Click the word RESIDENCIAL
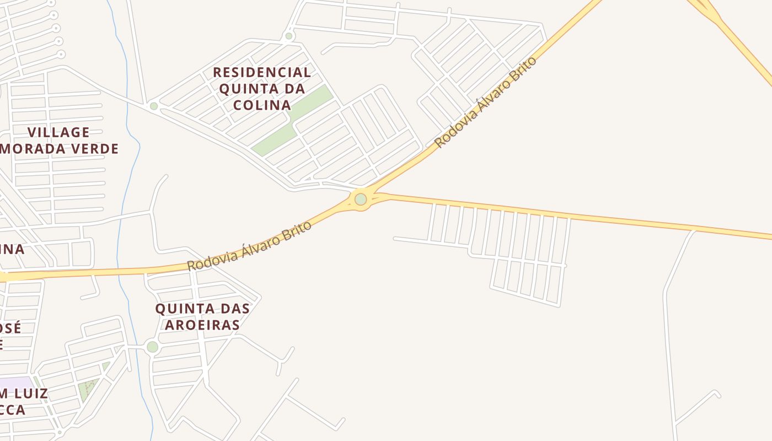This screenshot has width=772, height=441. click(x=262, y=72)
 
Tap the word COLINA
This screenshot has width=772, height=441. click(x=262, y=105)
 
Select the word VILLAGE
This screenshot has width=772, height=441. click(x=58, y=132)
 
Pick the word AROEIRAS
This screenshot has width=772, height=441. click(x=202, y=325)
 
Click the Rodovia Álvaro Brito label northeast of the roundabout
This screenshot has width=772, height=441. click(x=485, y=102)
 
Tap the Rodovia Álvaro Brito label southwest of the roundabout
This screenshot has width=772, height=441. click(x=249, y=246)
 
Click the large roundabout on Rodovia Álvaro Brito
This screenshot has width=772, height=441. click(x=361, y=199)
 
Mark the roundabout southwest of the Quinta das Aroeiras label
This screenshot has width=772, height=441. click(x=153, y=347)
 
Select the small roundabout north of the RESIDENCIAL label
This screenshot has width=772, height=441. click(x=288, y=36)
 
